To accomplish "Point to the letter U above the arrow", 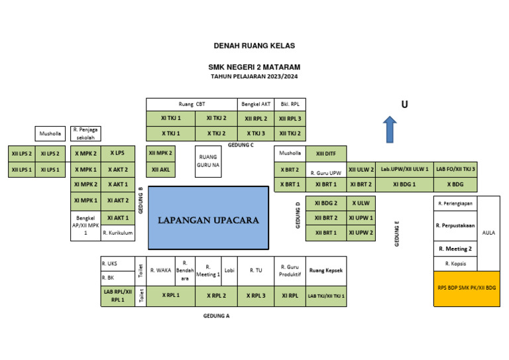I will coord(404,105).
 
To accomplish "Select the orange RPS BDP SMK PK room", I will coord(467,288).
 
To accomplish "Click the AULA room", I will coord(488,233).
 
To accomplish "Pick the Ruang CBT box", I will coord(192,104).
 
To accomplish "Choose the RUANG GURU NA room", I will coord(208,161).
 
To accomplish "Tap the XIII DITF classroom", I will coord(325,153).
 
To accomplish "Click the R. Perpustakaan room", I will coord(455,225).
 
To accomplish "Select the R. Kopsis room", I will coord(455,263).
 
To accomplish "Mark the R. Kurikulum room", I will coord(118,233).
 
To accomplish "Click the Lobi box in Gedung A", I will coord(229,270).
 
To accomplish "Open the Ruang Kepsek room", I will coord(325,270).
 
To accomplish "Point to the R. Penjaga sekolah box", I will coord(85,133).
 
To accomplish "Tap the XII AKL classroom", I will coord(160,169).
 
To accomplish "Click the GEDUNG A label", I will coord(216,316).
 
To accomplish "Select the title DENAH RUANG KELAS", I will coord(254,46).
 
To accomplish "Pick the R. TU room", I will coord(256,270).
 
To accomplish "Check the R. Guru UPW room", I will coord(325,172).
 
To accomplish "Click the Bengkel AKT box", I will coord(256,104).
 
